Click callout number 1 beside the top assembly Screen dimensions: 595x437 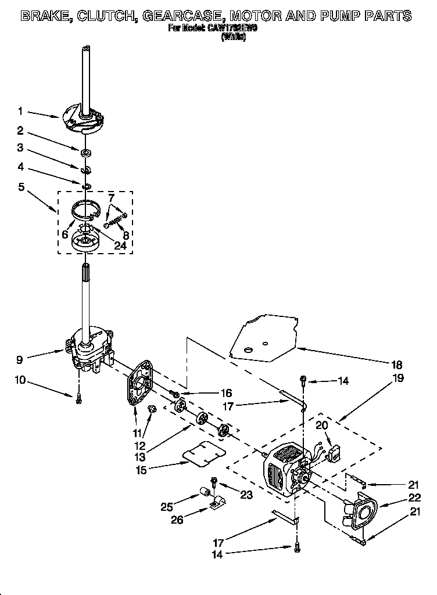(x=20, y=111)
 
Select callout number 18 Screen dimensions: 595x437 (x=397, y=365)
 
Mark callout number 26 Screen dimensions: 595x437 (x=176, y=520)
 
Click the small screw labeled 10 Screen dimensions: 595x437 (x=78, y=400)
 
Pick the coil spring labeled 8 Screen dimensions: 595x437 (x=115, y=219)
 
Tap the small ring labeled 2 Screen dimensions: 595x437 (x=85, y=153)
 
